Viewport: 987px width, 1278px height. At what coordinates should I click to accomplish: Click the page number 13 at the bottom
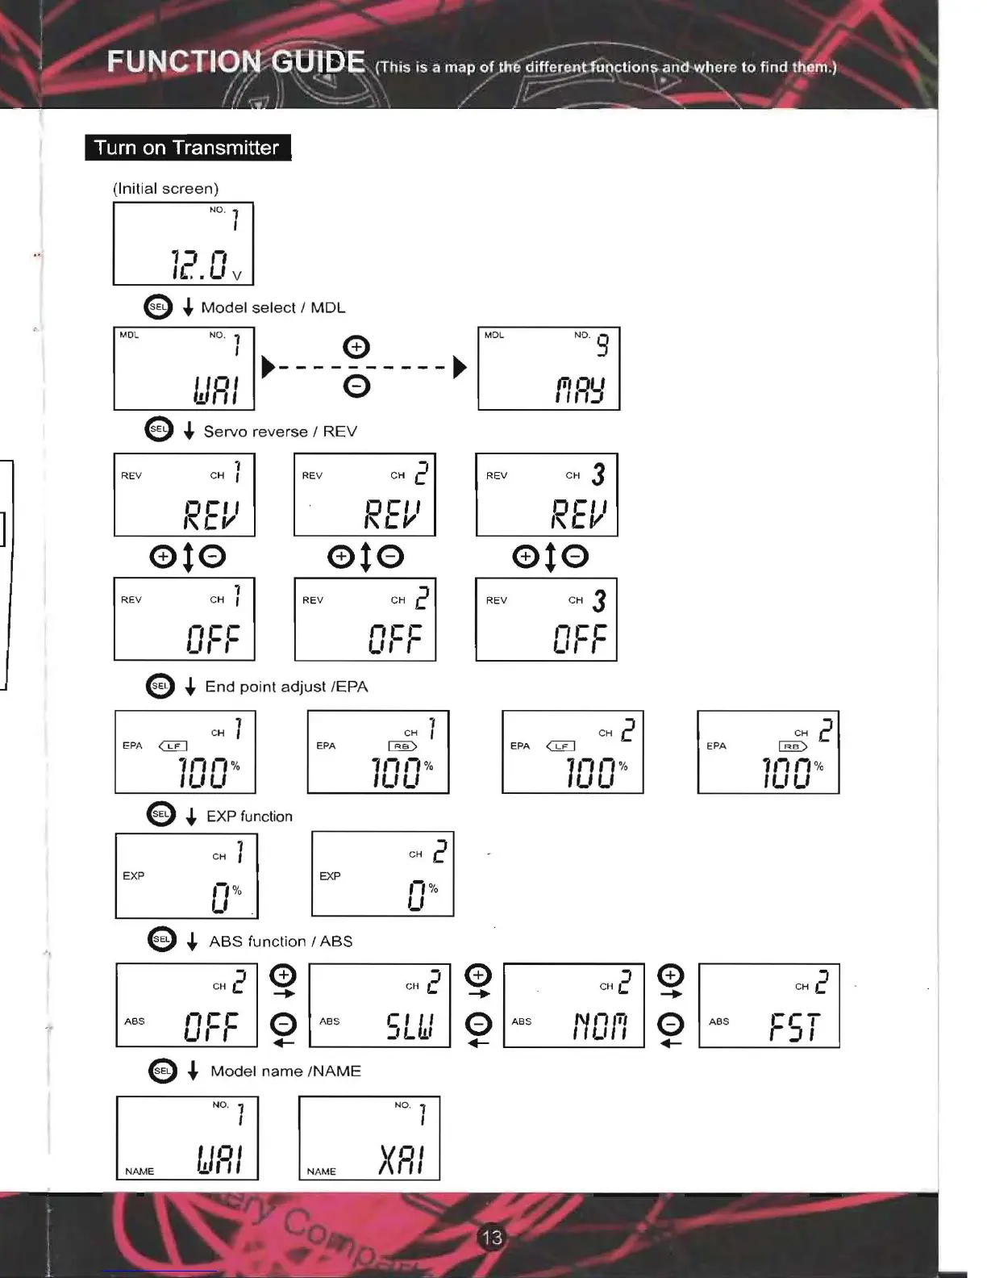[491, 1237]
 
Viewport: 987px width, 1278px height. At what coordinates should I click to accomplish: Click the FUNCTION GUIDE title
[235, 62]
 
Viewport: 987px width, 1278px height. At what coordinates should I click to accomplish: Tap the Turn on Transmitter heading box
[187, 148]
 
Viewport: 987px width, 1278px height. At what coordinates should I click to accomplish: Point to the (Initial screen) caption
[165, 189]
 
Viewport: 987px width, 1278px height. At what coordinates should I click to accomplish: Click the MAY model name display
[580, 390]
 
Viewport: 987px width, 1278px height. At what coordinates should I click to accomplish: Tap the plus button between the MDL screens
[356, 347]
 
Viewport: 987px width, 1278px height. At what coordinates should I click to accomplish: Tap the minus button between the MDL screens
[356, 386]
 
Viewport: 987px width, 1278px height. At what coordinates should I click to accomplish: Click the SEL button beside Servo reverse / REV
[159, 429]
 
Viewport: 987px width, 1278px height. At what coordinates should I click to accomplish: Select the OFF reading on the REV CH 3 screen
[580, 639]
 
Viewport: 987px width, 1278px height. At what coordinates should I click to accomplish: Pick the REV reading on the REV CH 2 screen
[393, 514]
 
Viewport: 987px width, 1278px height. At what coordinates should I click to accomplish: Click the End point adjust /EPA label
[286, 687]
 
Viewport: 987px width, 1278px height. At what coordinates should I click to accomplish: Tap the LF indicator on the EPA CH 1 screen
[173, 746]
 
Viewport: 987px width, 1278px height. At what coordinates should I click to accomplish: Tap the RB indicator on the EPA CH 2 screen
[793, 746]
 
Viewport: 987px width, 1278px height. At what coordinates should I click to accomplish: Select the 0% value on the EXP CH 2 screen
[422, 894]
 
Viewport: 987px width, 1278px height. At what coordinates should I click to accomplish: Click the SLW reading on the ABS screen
[410, 1026]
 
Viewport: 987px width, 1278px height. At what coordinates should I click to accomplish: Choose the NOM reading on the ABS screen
[600, 1026]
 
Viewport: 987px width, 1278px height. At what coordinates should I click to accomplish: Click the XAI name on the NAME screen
[401, 1159]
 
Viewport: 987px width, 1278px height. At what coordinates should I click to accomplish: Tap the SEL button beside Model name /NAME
[162, 1071]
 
